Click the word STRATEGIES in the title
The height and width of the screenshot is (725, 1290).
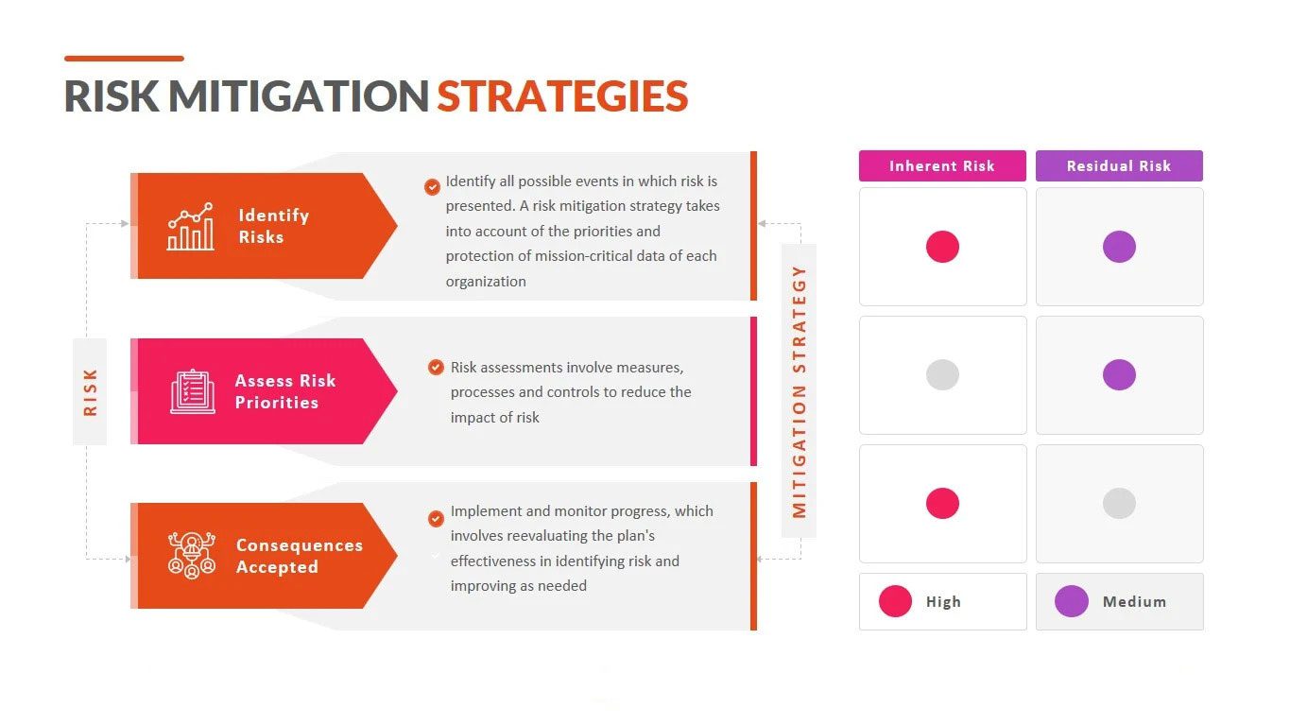[x=562, y=95]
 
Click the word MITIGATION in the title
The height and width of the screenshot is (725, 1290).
[x=299, y=95]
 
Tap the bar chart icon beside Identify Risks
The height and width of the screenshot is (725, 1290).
[x=191, y=226]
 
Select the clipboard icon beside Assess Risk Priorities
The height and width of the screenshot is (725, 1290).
[x=193, y=391]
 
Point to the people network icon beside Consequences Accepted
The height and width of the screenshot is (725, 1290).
[x=192, y=555]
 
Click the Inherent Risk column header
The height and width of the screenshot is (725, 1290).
[x=942, y=165]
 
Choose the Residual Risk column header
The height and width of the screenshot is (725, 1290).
[x=1119, y=165]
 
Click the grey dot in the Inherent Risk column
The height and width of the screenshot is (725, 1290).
[x=942, y=375]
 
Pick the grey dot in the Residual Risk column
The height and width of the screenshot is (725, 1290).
[x=1119, y=503]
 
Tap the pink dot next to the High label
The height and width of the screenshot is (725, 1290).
[x=895, y=601]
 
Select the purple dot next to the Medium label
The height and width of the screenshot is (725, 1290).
[x=1071, y=601]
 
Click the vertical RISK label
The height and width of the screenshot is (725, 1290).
[x=90, y=392]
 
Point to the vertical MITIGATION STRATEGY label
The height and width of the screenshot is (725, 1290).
[x=799, y=391]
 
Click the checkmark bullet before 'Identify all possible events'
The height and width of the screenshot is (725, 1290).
[x=432, y=186]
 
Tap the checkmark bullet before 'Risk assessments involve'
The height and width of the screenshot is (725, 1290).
[x=436, y=368]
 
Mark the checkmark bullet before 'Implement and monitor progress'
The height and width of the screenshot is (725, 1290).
[x=436, y=518]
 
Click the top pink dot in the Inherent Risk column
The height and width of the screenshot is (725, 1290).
[x=942, y=247]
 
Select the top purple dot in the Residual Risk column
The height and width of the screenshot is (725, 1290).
[x=1119, y=247]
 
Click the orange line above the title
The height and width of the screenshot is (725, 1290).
[x=124, y=59]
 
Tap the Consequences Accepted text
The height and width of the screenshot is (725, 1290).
[x=300, y=556]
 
